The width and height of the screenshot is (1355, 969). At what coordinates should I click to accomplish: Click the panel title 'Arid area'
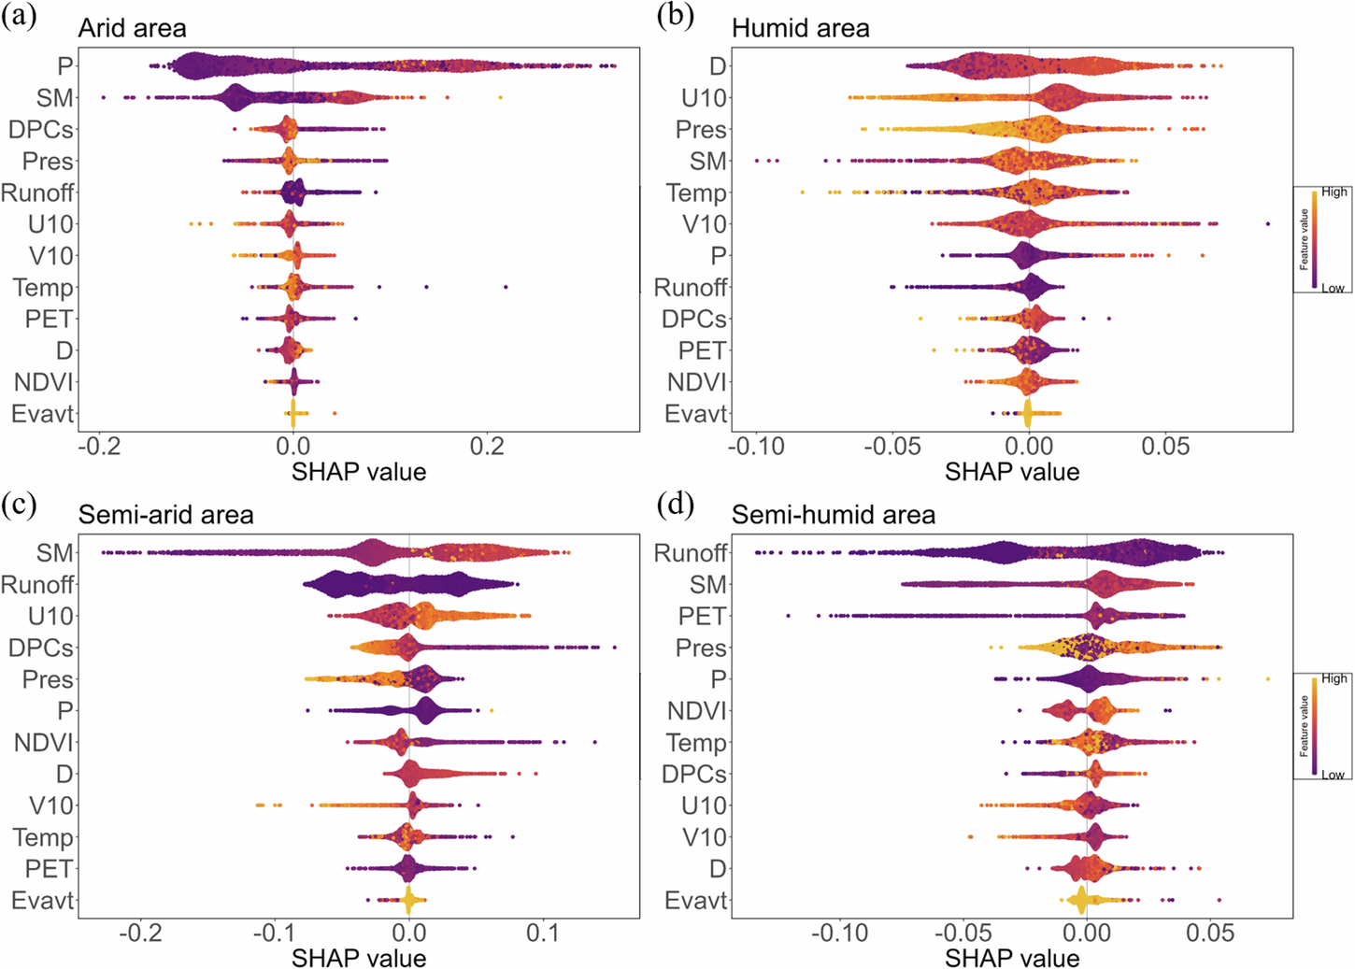132,28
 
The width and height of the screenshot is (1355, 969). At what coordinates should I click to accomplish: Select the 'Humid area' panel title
800,28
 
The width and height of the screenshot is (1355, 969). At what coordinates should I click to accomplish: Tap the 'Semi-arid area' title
165,515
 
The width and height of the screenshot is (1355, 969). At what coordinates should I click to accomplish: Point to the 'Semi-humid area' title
833,515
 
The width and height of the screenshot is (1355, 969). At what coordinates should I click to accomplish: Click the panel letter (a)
20,17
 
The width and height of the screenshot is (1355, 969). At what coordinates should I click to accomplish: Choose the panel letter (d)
675,505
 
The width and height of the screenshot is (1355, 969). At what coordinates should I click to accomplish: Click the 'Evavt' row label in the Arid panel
42,414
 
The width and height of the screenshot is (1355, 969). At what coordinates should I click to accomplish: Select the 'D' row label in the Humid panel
717,66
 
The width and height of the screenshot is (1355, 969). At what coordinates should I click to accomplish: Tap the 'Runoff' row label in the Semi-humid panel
690,553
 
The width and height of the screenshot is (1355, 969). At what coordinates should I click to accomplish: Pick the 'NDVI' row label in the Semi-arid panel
43,743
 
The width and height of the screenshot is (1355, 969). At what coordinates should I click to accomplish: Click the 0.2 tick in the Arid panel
487,447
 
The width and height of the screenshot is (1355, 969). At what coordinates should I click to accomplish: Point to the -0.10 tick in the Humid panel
756,447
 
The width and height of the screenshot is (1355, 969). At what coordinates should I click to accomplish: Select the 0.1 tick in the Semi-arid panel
542,933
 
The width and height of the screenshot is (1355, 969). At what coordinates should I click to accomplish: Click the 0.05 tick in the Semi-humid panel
1210,933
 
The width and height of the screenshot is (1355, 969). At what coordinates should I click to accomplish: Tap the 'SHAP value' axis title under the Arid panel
359,472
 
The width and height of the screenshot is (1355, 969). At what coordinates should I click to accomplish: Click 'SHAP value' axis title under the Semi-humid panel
1012,958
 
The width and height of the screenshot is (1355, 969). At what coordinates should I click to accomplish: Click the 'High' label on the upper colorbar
1334,192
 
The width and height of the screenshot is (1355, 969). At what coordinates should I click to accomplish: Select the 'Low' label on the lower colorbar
1333,775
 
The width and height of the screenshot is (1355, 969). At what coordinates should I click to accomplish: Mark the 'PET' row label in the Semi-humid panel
702,617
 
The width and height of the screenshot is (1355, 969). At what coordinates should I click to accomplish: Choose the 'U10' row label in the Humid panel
704,98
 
